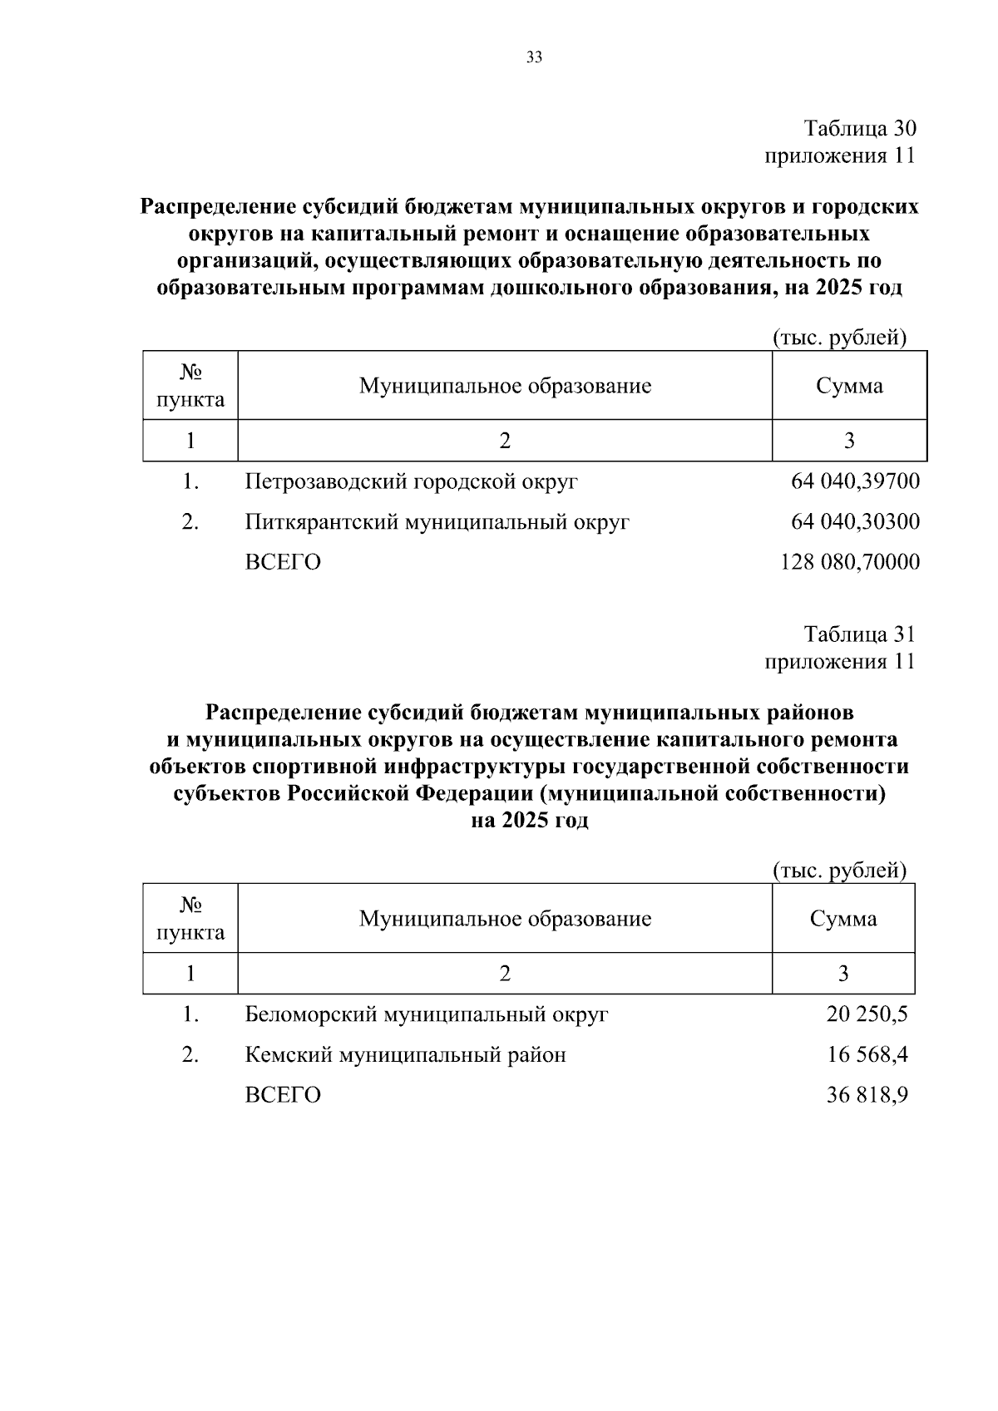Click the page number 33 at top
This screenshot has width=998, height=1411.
click(x=534, y=57)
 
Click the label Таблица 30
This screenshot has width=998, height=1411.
click(x=859, y=129)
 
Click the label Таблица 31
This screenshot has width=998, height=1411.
click(x=859, y=634)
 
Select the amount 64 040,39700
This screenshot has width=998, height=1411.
click(x=855, y=481)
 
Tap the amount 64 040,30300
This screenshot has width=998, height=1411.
click(x=855, y=522)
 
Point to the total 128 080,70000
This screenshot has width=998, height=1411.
click(x=850, y=562)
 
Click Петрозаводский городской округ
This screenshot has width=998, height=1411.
click(x=411, y=481)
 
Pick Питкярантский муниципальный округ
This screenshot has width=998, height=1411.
click(x=437, y=522)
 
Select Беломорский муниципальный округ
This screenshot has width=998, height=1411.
click(x=427, y=1014)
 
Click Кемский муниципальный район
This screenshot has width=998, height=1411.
click(x=405, y=1055)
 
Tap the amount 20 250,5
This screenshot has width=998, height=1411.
click(x=867, y=1014)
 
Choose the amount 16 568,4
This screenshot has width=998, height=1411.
click(x=867, y=1055)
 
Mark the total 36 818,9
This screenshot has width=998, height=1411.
click(x=867, y=1095)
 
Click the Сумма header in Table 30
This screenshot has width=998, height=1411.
click(x=849, y=386)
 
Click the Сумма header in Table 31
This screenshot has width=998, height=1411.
click(x=843, y=919)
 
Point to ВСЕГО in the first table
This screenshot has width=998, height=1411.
click(x=283, y=562)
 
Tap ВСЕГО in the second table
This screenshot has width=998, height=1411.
click(x=283, y=1095)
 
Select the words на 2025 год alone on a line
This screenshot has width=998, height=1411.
click(x=530, y=821)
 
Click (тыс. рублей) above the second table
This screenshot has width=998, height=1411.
click(x=839, y=871)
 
